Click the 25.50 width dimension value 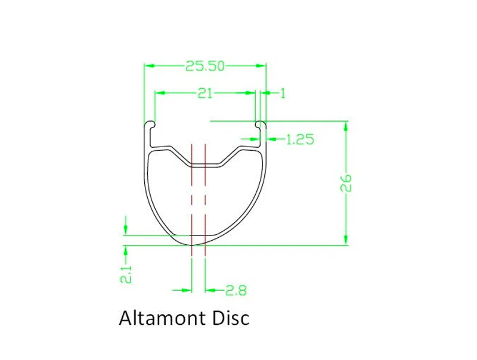pos(205,66)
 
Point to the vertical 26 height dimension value pos(346,183)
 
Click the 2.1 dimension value pos(126,274)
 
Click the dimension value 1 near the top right pos(283,93)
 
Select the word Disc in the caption pos(229,318)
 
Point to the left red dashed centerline pos(191,197)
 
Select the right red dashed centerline pos(205,197)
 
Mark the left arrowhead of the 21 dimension pos(159,92)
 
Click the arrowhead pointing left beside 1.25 pos(270,139)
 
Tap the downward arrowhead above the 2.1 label pos(126,230)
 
